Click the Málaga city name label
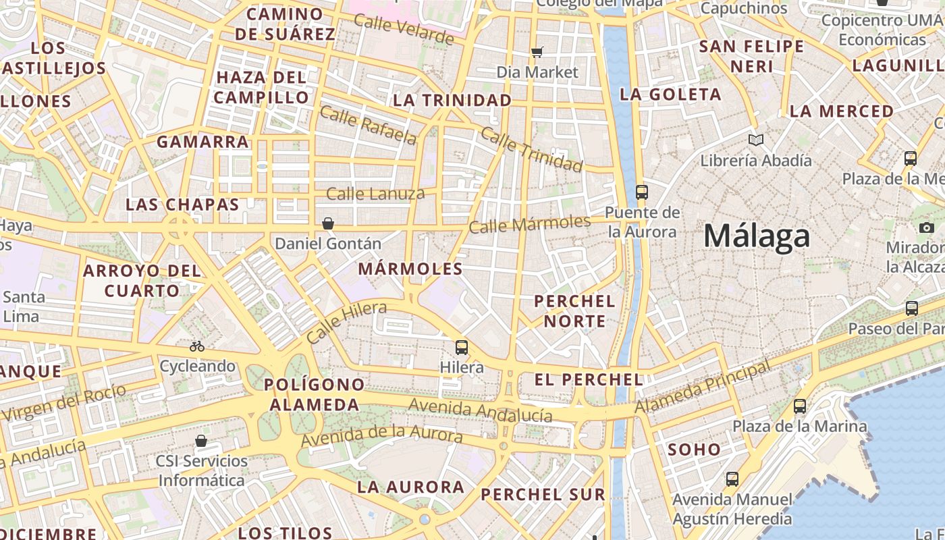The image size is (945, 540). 756,236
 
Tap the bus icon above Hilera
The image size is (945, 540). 462,348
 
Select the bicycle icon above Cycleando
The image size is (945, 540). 197,346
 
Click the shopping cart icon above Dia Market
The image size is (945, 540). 537,52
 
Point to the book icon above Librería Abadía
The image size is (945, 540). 756,140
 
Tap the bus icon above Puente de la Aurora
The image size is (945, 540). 641,192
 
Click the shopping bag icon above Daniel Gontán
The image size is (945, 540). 328,223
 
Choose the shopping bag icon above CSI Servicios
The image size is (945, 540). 200,441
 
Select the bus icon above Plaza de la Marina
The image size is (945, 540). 800,406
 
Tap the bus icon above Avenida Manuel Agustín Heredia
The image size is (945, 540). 732,479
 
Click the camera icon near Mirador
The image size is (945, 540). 927,227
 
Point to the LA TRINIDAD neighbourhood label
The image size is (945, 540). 452,101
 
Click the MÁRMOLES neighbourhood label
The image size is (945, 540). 410,269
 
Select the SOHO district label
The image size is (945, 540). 694,450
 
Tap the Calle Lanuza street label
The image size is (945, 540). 375,194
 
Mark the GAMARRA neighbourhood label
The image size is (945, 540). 202,142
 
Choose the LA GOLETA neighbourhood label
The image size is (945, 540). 670,94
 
